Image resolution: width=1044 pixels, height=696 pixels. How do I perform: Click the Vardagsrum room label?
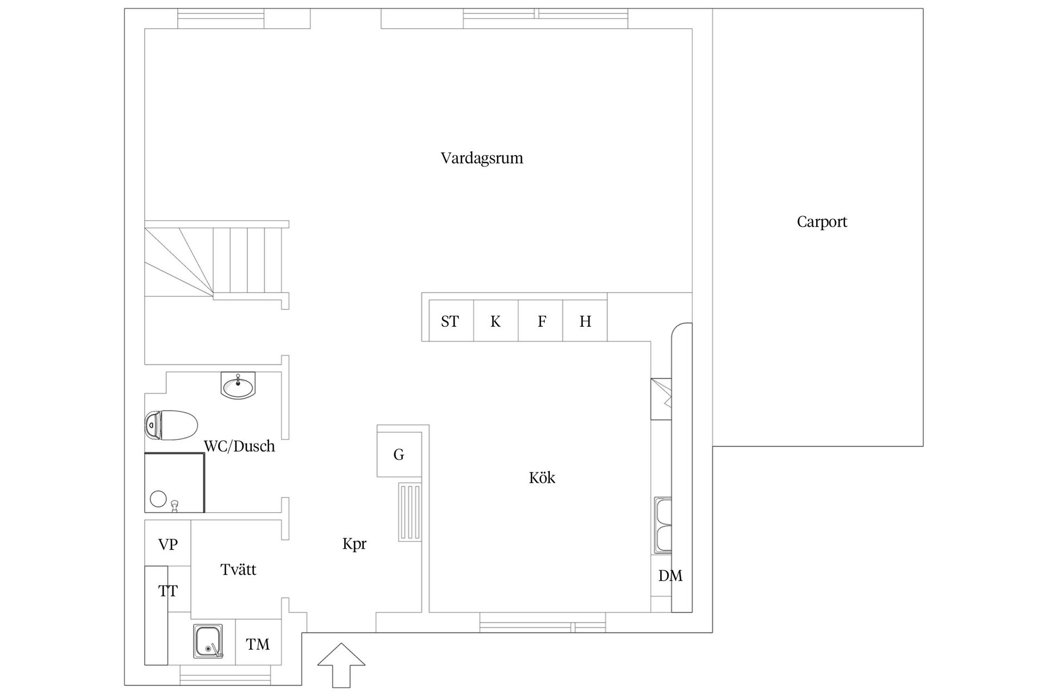click(482, 159)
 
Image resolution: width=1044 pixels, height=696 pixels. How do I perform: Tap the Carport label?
click(822, 222)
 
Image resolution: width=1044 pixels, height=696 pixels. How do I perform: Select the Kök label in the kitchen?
click(542, 478)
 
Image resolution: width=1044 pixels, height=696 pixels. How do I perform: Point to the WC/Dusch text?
click(239, 446)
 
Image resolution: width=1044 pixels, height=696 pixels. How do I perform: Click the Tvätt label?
click(238, 570)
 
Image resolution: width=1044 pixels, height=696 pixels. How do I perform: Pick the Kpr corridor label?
click(355, 544)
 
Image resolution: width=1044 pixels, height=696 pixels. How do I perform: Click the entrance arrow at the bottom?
click(341, 664)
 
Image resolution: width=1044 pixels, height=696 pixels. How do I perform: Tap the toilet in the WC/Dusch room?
click(171, 425)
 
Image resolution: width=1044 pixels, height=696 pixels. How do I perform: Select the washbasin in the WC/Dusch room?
click(238, 386)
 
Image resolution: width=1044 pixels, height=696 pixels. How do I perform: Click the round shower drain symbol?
click(158, 499)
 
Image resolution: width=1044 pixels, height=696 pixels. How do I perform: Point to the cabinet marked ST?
click(451, 321)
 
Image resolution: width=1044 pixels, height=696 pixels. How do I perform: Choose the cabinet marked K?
click(495, 321)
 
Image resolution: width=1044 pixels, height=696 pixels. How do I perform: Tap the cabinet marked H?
click(585, 321)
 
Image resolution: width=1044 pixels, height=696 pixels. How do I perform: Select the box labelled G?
click(399, 455)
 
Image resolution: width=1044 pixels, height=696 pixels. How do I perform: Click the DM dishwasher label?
click(670, 576)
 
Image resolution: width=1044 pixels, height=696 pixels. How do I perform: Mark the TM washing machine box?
click(258, 644)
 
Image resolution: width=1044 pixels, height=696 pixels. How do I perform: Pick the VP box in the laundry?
click(167, 544)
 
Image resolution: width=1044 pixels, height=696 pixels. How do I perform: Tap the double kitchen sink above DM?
click(662, 525)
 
